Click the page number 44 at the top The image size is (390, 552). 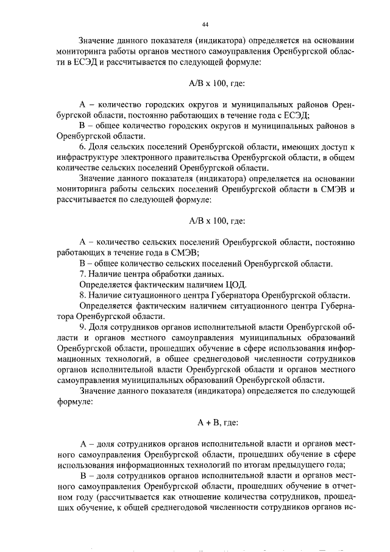(x=205, y=24)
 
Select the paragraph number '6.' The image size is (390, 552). (x=83, y=148)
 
